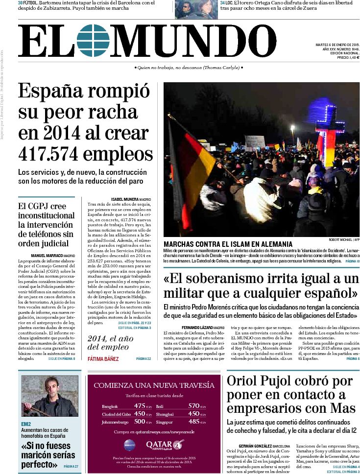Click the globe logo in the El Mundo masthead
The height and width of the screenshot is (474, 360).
click(x=93, y=41)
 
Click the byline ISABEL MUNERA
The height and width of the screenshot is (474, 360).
click(x=124, y=199)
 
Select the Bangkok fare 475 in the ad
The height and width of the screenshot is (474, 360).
click(x=140, y=405)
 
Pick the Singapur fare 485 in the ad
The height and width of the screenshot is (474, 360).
click(x=194, y=421)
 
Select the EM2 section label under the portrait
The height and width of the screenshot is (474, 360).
click(x=26, y=423)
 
